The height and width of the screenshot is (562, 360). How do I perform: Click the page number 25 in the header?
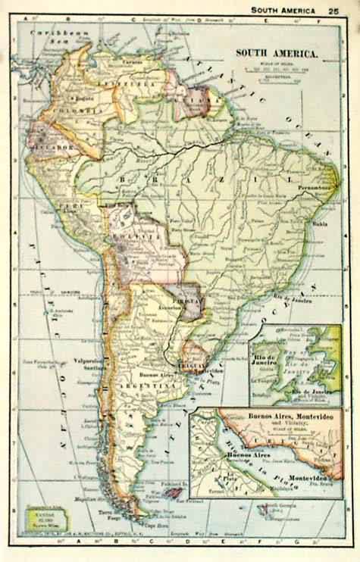[x=333, y=11]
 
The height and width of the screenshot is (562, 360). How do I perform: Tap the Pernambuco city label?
[x=318, y=186]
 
